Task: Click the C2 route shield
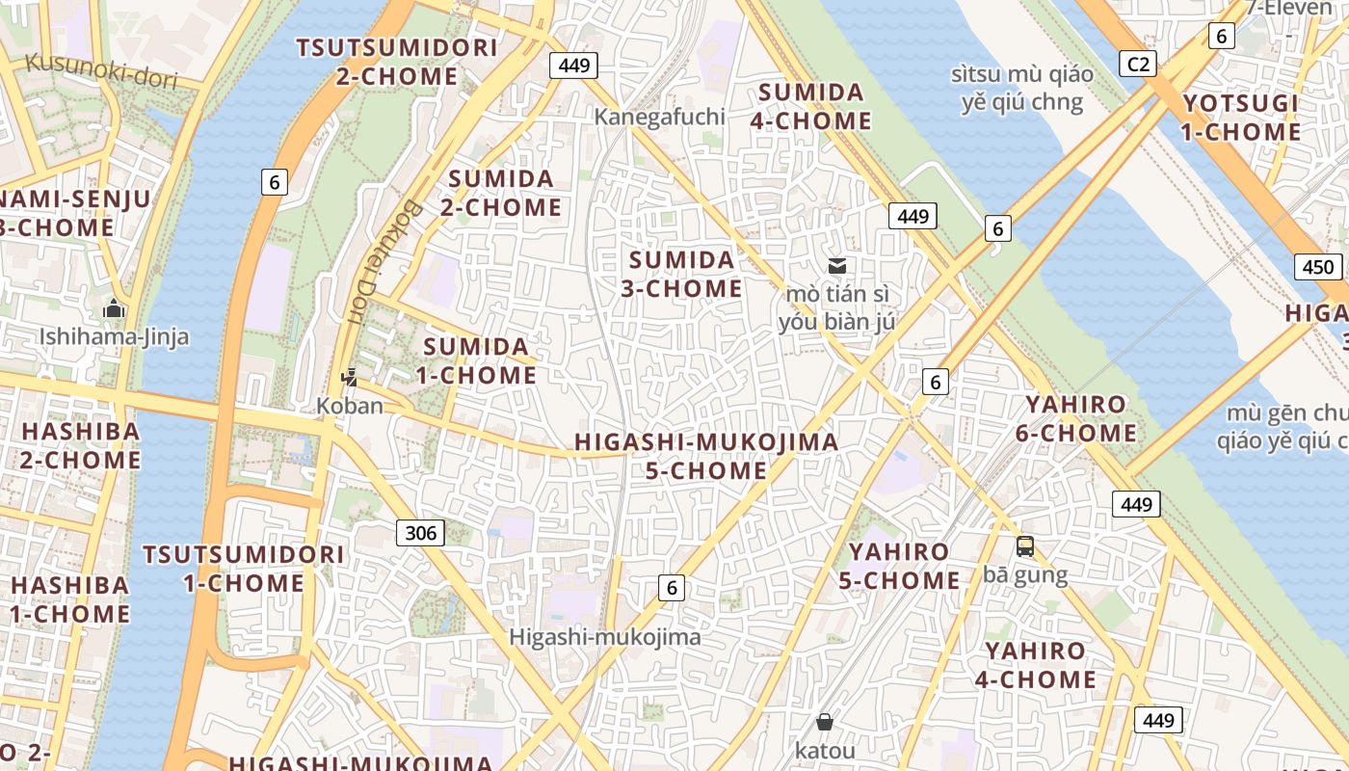(x=1138, y=64)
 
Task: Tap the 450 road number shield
(x=1317, y=267)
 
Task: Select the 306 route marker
(x=420, y=532)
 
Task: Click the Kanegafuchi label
(x=660, y=117)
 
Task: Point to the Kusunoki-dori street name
(x=101, y=70)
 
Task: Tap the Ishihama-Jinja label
(x=114, y=337)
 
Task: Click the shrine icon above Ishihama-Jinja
(x=114, y=309)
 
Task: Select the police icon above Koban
(x=350, y=377)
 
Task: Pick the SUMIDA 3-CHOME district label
(x=681, y=274)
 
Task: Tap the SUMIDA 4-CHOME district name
(x=814, y=107)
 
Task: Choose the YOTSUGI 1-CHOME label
(x=1241, y=118)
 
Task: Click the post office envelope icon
(x=837, y=266)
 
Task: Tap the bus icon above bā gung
(x=1025, y=546)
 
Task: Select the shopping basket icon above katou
(x=825, y=722)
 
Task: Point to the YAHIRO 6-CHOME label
(x=1081, y=418)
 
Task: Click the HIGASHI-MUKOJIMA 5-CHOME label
(x=706, y=456)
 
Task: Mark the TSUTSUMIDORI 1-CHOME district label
(x=243, y=569)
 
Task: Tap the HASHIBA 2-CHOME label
(x=81, y=445)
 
